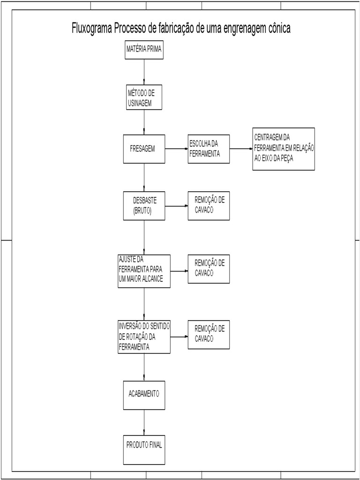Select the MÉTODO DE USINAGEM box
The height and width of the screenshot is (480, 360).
point(144,97)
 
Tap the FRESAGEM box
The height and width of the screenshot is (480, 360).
point(144,149)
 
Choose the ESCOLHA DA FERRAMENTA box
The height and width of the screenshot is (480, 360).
point(209,149)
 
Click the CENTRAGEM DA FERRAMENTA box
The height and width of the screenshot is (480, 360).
point(283,149)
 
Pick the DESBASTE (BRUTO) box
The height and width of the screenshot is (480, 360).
point(144,206)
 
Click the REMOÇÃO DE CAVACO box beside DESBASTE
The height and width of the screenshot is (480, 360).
point(209,206)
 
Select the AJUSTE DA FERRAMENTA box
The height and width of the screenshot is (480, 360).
point(144,271)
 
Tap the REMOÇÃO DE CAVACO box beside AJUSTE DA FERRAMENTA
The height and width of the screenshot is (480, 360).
point(209,269)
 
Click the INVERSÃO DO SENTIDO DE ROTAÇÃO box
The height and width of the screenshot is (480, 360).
point(144,337)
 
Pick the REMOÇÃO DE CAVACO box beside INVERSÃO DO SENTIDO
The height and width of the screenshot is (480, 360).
point(209,335)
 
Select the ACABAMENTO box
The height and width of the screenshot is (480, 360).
point(144,394)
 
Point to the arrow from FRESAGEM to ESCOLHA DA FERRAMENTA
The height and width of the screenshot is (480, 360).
point(176,149)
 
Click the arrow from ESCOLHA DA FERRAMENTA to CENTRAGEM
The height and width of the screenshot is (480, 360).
point(241,149)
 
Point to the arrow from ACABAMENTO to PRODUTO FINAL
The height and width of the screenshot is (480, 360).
point(144,422)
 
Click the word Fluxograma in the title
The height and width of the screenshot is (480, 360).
point(91,28)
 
